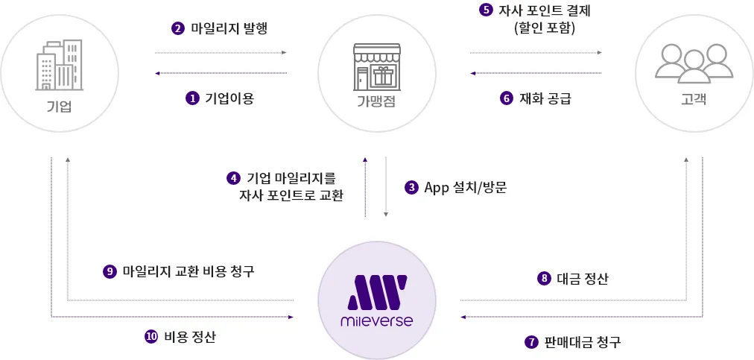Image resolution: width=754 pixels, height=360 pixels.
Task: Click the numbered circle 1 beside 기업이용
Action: point(192,98)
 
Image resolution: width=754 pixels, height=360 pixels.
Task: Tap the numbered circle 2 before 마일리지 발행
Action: point(178,29)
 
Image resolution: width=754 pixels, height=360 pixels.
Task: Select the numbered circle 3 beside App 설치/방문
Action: point(411,187)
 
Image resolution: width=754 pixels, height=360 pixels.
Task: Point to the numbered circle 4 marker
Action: point(234,178)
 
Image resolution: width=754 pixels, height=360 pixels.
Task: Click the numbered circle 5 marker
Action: point(486,11)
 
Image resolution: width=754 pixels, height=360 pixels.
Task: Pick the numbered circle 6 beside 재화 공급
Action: point(507,98)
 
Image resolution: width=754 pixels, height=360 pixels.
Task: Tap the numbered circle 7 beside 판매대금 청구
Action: point(531,342)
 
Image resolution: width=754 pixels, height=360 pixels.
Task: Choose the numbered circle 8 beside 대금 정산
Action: point(544,279)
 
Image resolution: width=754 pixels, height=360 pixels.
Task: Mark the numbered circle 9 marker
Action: point(110,271)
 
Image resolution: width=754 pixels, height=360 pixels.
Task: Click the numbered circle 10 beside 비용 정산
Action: point(151,336)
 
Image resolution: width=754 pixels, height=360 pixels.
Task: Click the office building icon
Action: point(59,65)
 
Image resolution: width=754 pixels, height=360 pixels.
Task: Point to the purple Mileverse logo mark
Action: point(376,291)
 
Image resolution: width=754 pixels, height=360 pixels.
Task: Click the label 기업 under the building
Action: point(59,105)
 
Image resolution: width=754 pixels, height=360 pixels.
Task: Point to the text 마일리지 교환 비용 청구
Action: point(188,271)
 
